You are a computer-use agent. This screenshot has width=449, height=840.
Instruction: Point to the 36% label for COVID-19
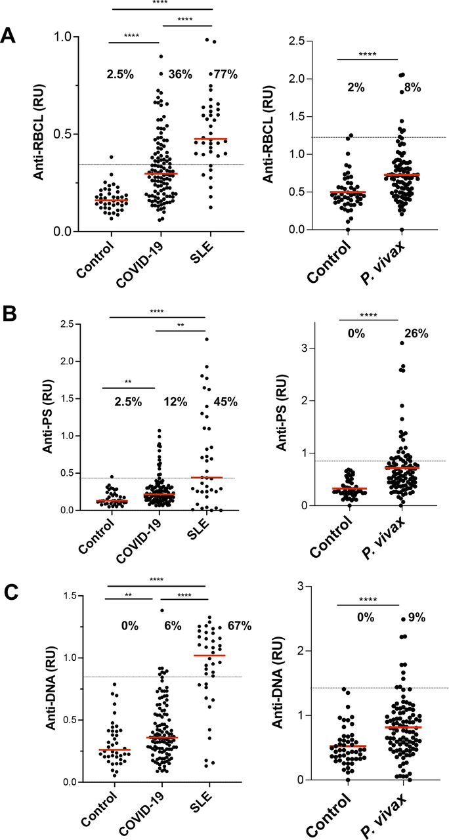[x=181, y=74]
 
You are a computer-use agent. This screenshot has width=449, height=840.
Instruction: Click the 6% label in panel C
[x=181, y=625]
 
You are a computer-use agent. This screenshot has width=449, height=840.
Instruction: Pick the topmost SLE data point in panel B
[x=206, y=339]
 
